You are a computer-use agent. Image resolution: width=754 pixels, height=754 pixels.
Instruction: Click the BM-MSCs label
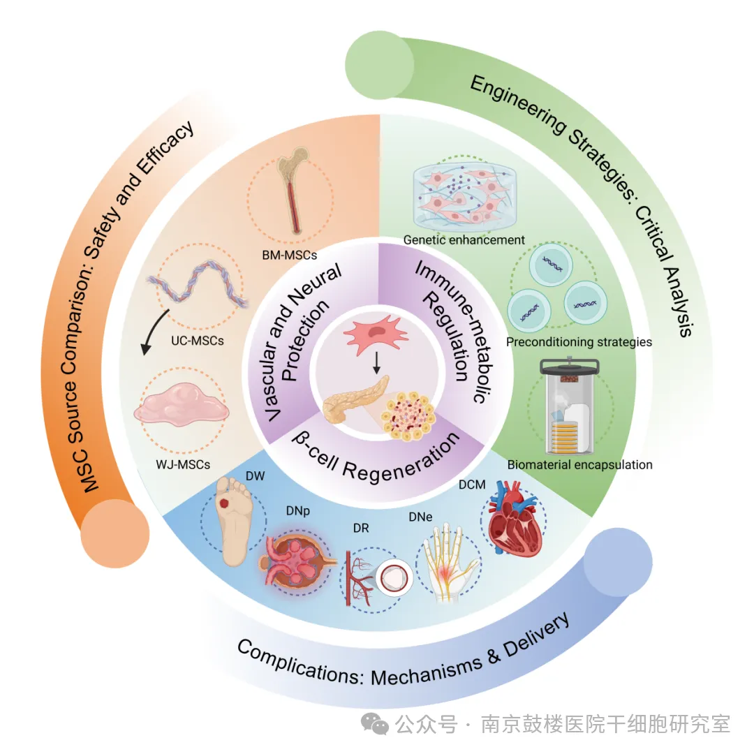point(290,256)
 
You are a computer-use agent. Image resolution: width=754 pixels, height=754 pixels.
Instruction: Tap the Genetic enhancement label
point(464,240)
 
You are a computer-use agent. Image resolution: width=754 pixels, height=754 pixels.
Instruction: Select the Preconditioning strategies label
point(579,342)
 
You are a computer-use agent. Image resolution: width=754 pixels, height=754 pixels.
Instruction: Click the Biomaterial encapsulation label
point(579,464)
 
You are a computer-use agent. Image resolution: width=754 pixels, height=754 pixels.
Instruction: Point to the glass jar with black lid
point(570,406)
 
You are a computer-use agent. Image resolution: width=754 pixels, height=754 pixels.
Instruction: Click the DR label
point(361,528)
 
